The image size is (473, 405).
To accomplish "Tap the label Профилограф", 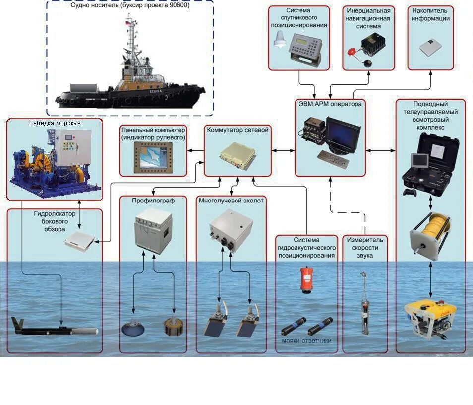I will [153, 201].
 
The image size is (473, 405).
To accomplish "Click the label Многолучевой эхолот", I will [231, 201].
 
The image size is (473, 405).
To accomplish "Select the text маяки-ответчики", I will [304, 342].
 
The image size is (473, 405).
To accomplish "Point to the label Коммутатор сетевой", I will [237, 130].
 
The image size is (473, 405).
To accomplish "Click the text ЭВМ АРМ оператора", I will [329, 104].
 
